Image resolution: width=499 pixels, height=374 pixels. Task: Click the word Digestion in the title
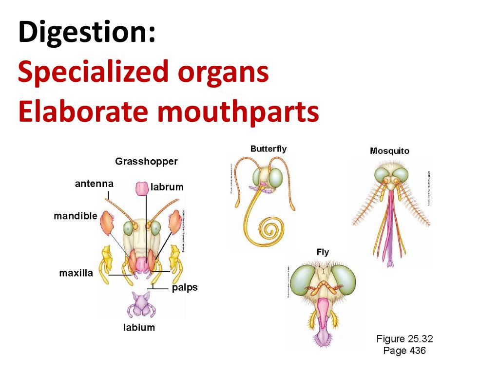[87, 33]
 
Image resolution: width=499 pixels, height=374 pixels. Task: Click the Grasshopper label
[146, 161]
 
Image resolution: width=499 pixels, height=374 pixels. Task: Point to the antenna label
[94, 184]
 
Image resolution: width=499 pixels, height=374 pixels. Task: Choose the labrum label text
[167, 187]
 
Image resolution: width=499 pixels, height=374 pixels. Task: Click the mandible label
[76, 216]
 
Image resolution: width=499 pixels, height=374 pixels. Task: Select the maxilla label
[76, 273]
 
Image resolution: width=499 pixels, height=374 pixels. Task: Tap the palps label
[185, 287]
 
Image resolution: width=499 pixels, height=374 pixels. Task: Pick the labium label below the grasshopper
[139, 328]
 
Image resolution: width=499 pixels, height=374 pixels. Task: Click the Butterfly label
[269, 149]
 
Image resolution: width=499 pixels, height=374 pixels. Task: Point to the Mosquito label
[389, 151]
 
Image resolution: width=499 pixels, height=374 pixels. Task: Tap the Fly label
[323, 252]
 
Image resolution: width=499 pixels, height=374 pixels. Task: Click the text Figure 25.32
[404, 339]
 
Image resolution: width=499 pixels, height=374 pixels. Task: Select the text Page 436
[404, 351]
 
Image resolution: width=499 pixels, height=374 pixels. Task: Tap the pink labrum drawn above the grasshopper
[141, 188]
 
